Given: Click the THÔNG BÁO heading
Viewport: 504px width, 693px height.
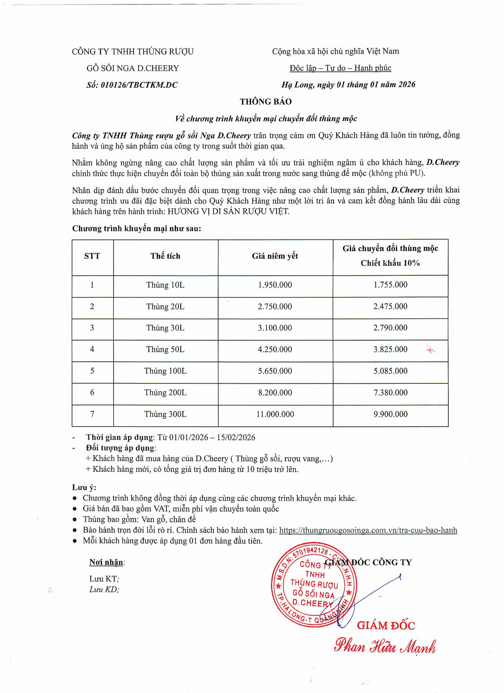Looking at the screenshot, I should point(266,102).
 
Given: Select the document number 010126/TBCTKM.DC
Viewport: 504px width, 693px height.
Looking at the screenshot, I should point(139,85).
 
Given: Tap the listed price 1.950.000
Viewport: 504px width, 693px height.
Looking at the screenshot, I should point(275,285).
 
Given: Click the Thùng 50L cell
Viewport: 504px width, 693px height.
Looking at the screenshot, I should point(165,349).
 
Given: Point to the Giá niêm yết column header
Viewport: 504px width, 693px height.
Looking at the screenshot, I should point(275,256).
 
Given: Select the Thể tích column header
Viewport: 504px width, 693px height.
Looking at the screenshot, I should point(165,256).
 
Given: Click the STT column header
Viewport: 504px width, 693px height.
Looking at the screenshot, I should point(92,256).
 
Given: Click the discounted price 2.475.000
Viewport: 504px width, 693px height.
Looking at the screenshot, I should point(390,306).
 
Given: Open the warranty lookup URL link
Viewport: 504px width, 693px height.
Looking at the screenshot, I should point(368,530).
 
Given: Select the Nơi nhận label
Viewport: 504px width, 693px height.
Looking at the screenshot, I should point(106,562).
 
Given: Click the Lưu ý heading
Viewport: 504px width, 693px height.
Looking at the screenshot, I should point(84,487).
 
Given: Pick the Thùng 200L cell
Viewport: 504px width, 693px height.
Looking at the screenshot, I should point(165,392).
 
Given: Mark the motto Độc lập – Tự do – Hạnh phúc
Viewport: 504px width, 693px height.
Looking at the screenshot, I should point(340,68).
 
